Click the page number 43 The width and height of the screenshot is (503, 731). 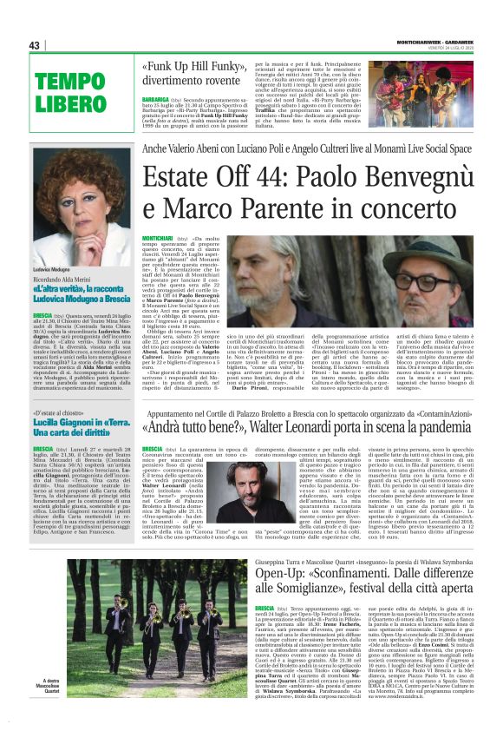36,45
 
